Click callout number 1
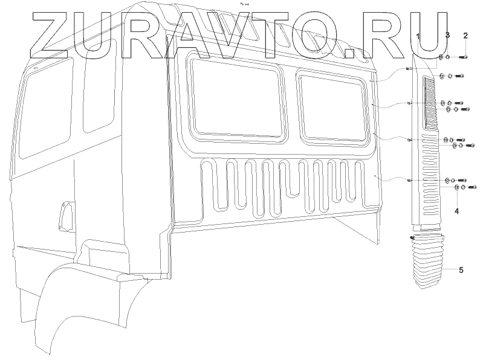point(417,37)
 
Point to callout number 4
point(457,211)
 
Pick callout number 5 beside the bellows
point(461,270)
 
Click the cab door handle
point(64,214)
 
